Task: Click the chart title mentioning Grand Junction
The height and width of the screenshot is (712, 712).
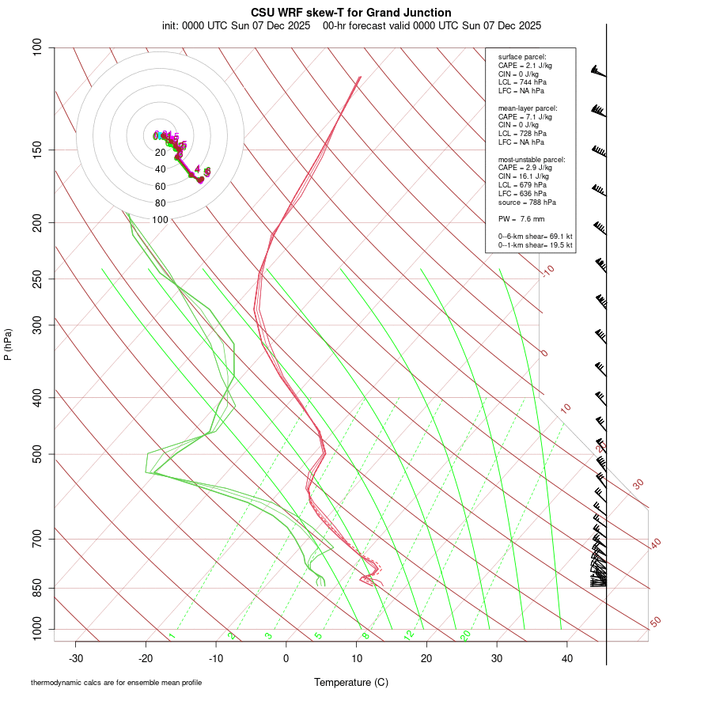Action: point(351,13)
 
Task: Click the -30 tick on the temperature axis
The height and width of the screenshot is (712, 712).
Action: point(76,658)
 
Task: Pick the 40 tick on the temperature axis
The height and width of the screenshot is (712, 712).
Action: point(567,658)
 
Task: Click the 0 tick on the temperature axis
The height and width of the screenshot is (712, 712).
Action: point(286,658)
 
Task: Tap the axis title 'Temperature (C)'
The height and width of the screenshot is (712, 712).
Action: point(351,682)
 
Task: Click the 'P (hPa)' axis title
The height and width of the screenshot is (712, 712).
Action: point(8,344)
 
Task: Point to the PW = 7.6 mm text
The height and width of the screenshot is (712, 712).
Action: point(521,219)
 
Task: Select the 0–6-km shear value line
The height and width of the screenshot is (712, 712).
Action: point(535,237)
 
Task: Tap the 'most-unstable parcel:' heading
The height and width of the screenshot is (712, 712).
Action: point(532,159)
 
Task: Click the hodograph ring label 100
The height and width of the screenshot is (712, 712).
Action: point(161,220)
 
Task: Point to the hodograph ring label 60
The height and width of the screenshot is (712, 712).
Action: point(161,187)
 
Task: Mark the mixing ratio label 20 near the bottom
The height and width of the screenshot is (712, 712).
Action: point(465,635)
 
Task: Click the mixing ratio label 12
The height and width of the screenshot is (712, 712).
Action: point(409,635)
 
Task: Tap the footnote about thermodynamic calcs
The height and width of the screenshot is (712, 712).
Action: point(116,682)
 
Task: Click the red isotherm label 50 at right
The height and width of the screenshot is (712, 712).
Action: point(655,623)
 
